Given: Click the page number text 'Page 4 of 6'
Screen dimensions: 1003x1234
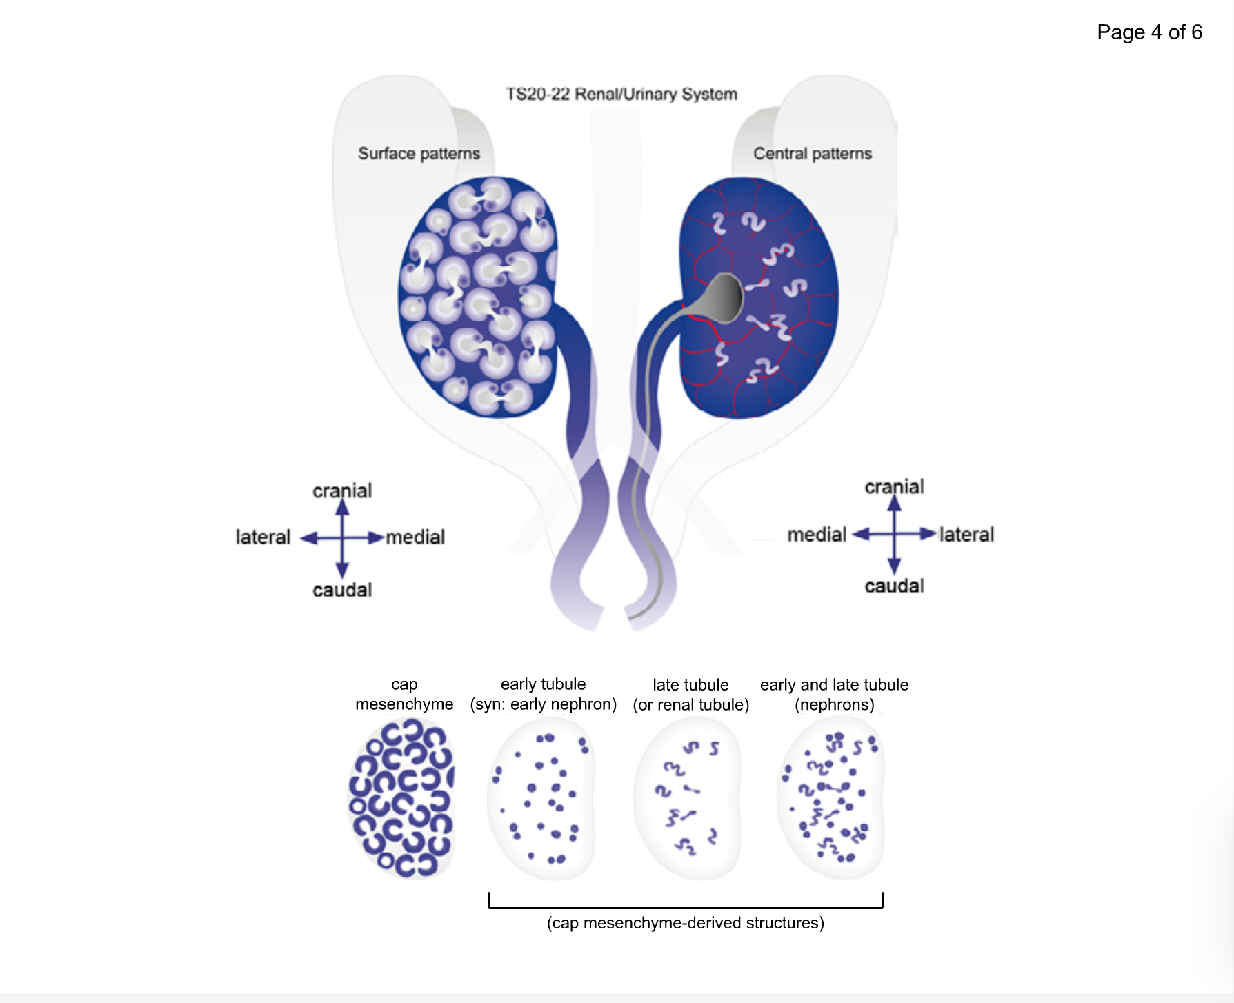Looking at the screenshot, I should (x=1149, y=32).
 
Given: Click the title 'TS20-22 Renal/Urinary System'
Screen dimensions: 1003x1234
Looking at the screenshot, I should (x=621, y=94).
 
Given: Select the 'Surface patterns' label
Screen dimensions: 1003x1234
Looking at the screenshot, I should (x=419, y=153).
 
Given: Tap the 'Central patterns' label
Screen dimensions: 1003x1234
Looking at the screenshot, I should (x=812, y=153).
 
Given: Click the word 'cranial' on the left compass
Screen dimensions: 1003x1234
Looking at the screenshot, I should (x=342, y=490).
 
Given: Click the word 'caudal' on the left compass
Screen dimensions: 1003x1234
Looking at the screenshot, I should (x=342, y=590).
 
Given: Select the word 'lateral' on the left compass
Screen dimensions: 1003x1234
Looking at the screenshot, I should (x=263, y=537).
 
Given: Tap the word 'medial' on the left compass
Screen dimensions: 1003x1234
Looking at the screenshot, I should (x=415, y=537).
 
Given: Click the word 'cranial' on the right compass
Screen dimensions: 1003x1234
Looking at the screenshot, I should (x=894, y=486).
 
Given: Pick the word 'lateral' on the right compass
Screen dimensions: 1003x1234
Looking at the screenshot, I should (x=966, y=534).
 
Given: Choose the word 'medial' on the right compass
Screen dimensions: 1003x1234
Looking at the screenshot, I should (x=817, y=534).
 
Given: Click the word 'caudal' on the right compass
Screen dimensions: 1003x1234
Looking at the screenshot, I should (x=894, y=586).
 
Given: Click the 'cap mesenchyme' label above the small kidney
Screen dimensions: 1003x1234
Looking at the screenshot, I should (x=404, y=694).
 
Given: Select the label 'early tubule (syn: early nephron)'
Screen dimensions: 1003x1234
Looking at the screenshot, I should (x=543, y=694).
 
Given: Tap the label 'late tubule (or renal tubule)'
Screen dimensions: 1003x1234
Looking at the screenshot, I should (x=690, y=695).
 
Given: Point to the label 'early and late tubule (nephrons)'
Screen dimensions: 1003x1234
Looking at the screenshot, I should (x=834, y=695).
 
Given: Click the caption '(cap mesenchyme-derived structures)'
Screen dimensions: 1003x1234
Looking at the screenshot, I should (x=685, y=923).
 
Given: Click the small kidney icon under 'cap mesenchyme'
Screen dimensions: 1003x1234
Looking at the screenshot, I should (x=401, y=798).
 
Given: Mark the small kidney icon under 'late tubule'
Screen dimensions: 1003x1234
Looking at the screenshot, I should (x=687, y=798).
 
